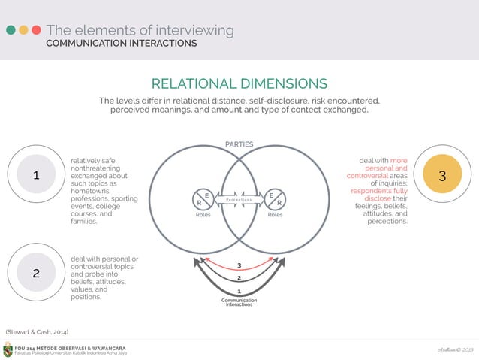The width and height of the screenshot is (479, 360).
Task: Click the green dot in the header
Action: tap(11, 31)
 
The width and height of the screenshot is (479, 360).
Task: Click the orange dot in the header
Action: tap(23, 31)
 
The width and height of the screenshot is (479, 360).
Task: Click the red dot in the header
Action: tap(35, 31)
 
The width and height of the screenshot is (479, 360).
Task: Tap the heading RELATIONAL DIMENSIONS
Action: tap(239, 83)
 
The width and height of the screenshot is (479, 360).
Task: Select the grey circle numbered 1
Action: tap(36, 175)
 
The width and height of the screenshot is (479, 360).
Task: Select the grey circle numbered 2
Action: tap(36, 274)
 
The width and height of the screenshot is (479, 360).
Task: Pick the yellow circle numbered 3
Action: tap(442, 175)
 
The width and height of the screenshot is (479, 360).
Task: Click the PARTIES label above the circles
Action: tap(239, 144)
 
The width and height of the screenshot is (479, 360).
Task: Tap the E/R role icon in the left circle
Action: tap(203, 198)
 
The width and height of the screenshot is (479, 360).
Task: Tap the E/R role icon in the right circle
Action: tap(275, 198)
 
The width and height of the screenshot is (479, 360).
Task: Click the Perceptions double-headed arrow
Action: tap(239, 198)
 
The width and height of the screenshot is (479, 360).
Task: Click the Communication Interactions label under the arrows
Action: tap(239, 302)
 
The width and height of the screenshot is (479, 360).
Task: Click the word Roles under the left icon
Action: tap(203, 213)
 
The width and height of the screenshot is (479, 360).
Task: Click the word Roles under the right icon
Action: tap(275, 213)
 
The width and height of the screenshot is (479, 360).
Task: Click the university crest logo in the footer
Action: tap(8, 350)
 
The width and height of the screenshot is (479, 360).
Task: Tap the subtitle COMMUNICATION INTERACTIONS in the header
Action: tap(122, 44)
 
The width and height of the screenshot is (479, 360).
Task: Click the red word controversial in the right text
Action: tap(367, 176)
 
